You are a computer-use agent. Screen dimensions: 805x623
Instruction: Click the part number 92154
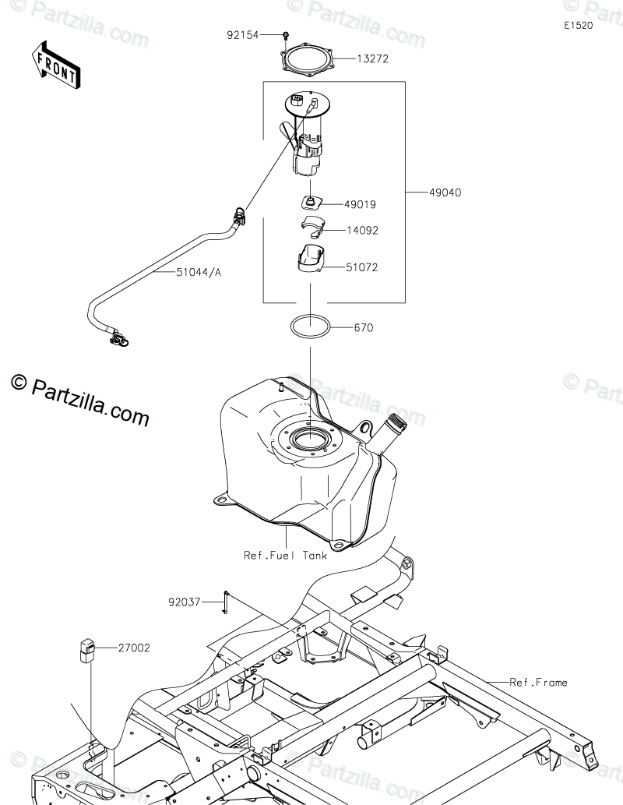[243, 35]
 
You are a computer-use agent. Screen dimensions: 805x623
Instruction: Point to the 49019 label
[361, 205]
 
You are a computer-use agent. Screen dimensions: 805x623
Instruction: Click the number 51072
[363, 267]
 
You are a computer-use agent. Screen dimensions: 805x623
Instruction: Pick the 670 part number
[363, 328]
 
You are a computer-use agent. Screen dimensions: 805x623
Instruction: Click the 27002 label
[135, 647]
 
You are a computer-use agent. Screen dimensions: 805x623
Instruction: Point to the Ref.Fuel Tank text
[285, 556]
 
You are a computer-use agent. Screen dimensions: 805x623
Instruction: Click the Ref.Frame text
[538, 683]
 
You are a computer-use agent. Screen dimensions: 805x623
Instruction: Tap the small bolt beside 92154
[287, 35]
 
